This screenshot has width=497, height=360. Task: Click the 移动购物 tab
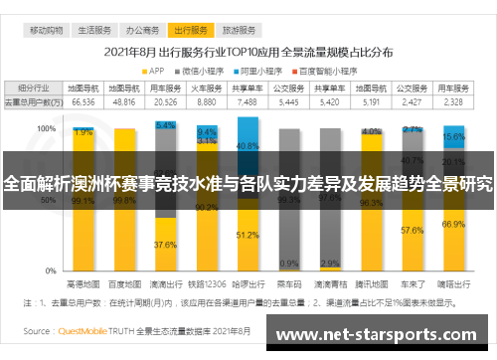click(x=46, y=31)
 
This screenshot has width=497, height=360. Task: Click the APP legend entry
click(x=155, y=70)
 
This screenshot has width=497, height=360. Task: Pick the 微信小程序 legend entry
click(x=206, y=70)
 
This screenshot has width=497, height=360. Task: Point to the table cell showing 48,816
click(x=124, y=101)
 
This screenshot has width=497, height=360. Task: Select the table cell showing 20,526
click(x=166, y=101)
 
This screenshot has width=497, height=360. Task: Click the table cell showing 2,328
click(x=452, y=101)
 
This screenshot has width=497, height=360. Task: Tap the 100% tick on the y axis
click(x=46, y=129)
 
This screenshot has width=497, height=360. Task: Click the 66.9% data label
click(x=453, y=225)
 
